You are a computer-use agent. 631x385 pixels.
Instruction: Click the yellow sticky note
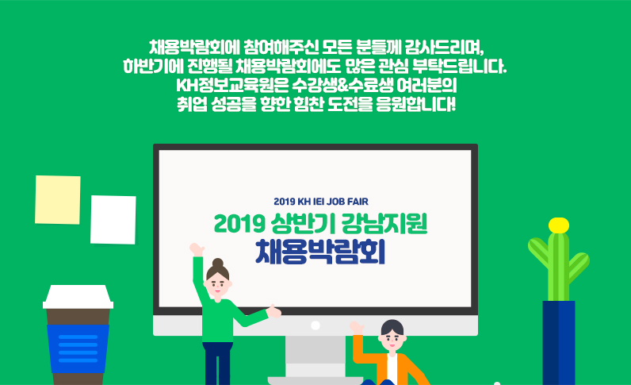point(58,200)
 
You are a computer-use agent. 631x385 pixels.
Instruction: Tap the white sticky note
point(113,220)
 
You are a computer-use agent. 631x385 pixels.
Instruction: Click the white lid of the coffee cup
point(78,297)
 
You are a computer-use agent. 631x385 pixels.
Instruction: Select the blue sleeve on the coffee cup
point(78,348)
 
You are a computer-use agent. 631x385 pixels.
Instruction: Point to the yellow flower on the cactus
point(559,225)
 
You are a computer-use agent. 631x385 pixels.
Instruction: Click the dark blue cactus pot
point(559,343)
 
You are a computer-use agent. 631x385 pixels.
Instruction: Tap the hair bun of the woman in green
point(218,264)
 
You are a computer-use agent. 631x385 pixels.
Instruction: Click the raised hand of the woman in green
point(197,249)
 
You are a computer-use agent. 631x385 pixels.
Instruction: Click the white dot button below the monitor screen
point(315,325)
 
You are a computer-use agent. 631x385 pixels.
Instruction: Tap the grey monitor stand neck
point(315,356)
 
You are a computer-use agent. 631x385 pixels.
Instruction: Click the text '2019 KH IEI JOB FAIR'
point(321,202)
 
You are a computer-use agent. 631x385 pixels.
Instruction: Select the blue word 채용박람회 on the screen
point(320,252)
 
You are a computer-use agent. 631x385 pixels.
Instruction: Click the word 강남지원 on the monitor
point(384,223)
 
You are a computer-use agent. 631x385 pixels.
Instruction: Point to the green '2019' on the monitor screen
point(239,224)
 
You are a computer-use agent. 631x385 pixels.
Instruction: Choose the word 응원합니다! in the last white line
point(415,105)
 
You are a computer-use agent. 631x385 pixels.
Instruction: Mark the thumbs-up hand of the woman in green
point(273,311)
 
